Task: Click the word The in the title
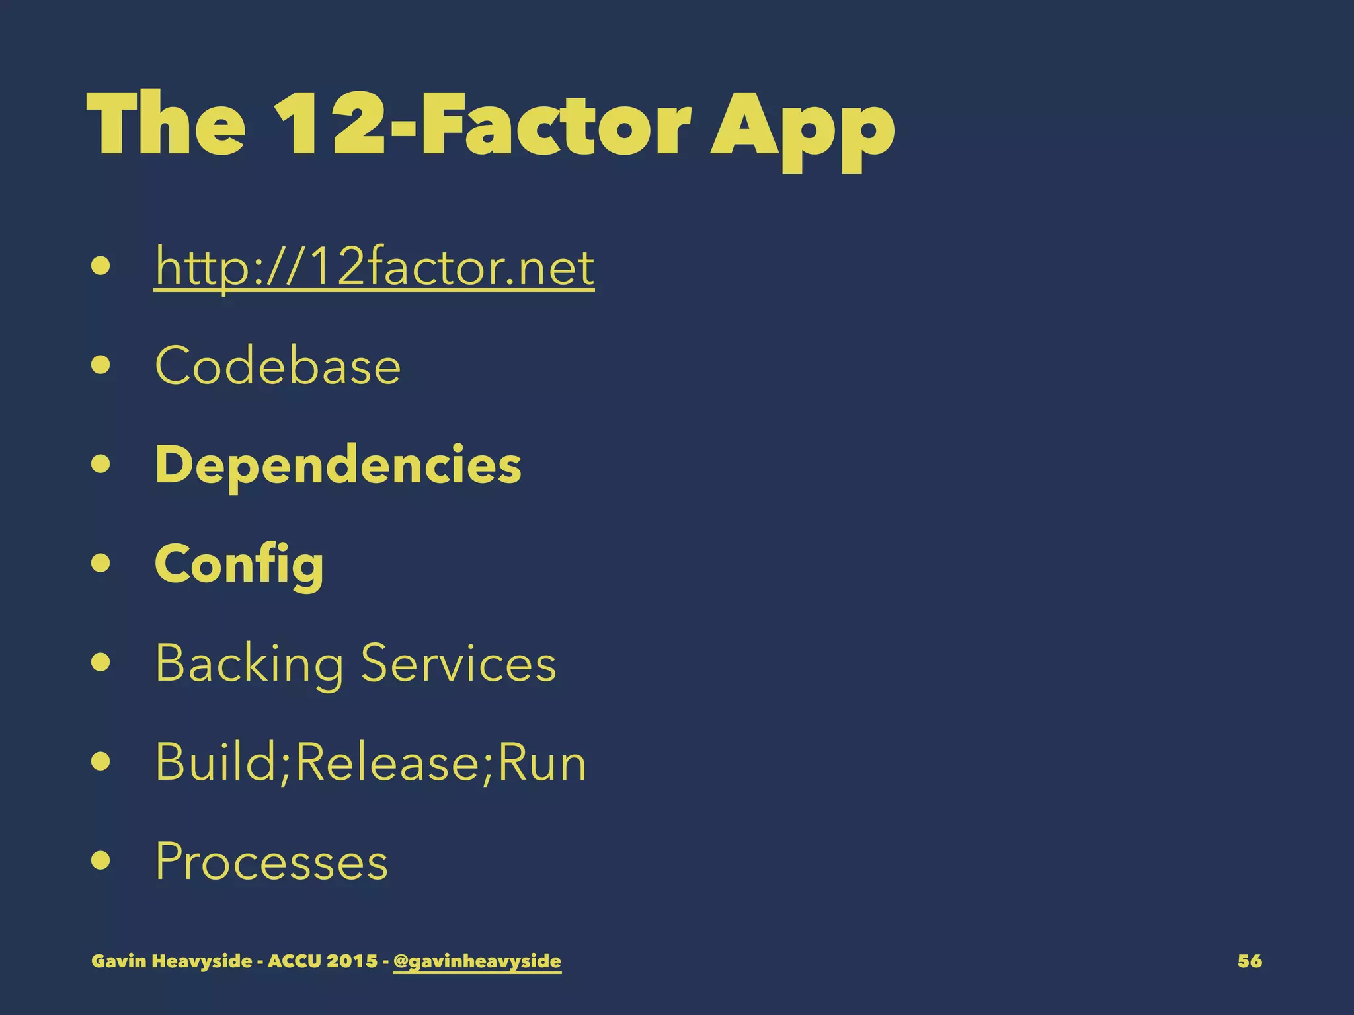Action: pyautogui.click(x=166, y=124)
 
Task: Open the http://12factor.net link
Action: pyautogui.click(x=374, y=267)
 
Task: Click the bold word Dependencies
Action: pyautogui.click(x=338, y=465)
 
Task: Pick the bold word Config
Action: pyautogui.click(x=239, y=564)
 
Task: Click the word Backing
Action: pyautogui.click(x=249, y=663)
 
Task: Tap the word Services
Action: pyautogui.click(x=458, y=663)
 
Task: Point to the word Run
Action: pyautogui.click(x=541, y=763)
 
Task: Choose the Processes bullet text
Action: pyautogui.click(x=271, y=861)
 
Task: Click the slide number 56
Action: pyautogui.click(x=1249, y=961)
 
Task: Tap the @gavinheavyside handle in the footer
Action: pyautogui.click(x=477, y=961)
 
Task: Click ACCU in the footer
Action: pyautogui.click(x=294, y=961)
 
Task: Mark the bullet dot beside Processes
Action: pyautogui.click(x=100, y=861)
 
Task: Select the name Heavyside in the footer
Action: pyautogui.click(x=202, y=961)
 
